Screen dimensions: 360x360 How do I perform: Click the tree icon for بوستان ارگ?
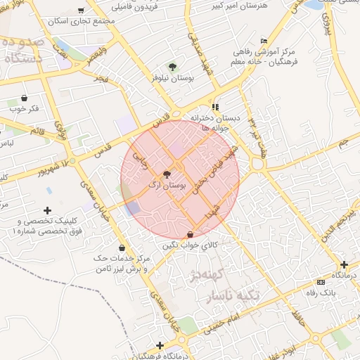(x=167, y=174)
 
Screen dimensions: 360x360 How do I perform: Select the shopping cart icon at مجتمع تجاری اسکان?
(x=82, y=11)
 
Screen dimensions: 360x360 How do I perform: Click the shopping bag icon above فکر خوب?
(x=25, y=98)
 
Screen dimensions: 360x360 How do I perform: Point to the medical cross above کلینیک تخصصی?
(x=47, y=210)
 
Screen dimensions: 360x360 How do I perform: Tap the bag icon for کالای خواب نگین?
(x=191, y=234)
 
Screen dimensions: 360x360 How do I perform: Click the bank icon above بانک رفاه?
(x=321, y=282)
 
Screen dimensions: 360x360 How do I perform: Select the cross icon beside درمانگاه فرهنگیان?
(x=160, y=345)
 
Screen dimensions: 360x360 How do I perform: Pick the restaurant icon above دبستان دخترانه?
(x=215, y=107)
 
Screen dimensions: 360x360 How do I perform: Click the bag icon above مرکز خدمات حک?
(x=123, y=247)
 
